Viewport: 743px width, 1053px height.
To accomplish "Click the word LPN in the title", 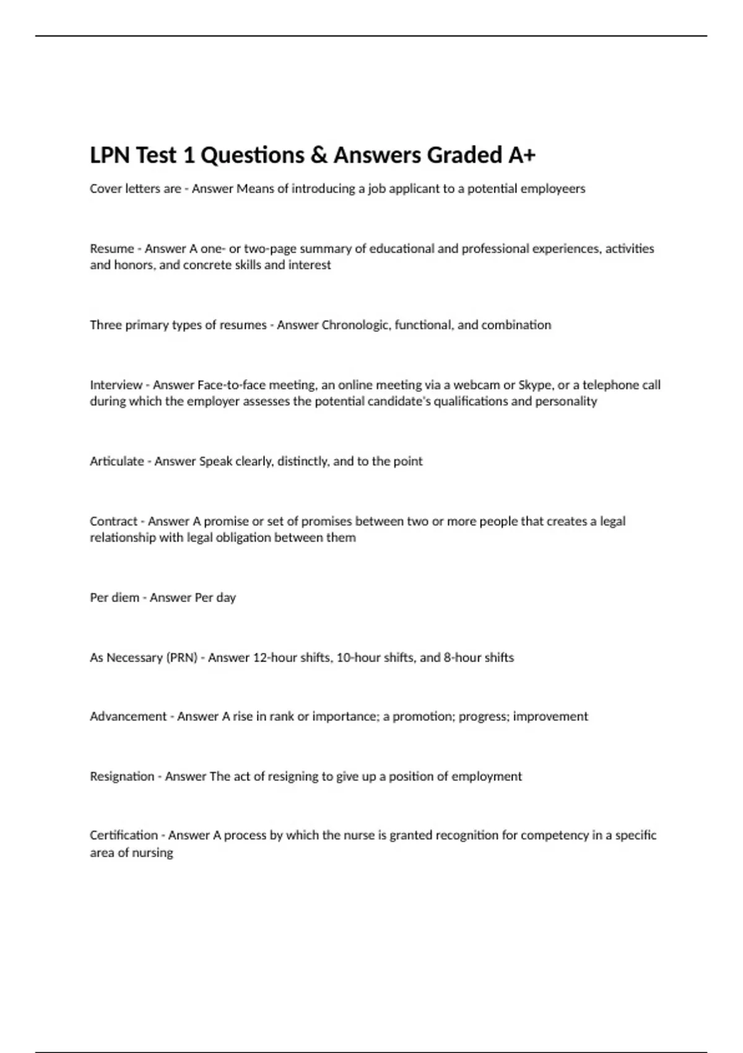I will tap(110, 155).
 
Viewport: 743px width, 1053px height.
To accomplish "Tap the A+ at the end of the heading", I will tap(521, 155).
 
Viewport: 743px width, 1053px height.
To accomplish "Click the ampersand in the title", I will tap(318, 155).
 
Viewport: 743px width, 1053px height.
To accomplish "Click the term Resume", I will tap(111, 249).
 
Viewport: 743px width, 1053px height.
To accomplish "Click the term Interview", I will tap(116, 385).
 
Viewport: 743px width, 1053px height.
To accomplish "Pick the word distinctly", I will tap(303, 461).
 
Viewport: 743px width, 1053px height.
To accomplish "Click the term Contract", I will tap(113, 522).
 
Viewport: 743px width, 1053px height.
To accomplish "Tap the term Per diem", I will tap(114, 598).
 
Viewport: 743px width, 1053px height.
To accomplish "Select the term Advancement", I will tap(128, 717).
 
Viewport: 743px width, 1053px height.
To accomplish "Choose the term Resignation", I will tap(122, 777).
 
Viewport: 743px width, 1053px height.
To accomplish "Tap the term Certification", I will tap(124, 836).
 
